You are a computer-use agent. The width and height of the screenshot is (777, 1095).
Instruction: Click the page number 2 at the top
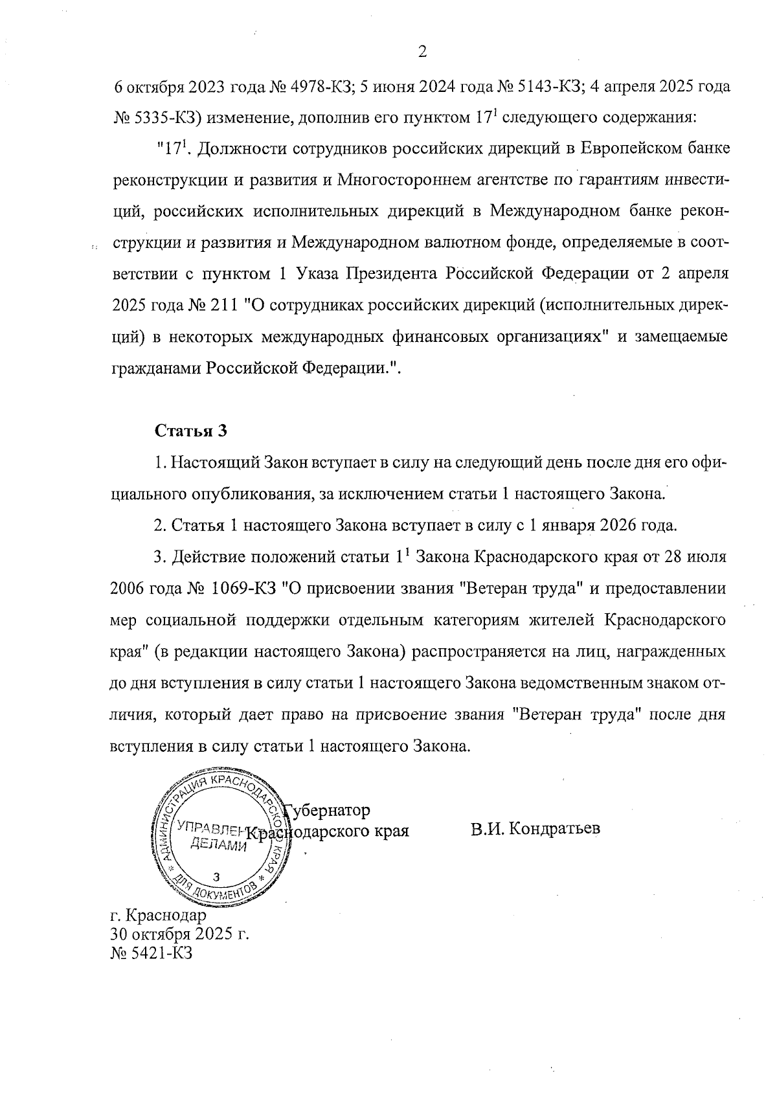(x=422, y=52)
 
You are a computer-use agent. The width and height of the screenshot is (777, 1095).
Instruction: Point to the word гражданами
(x=157, y=368)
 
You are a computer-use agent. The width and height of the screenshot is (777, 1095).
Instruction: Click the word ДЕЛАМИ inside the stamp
(x=218, y=845)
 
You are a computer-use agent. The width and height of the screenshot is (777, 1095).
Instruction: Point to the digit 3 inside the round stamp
(x=217, y=877)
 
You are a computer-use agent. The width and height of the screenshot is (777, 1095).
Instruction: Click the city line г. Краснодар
(x=159, y=916)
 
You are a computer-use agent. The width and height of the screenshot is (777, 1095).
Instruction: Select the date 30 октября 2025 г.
(x=180, y=935)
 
